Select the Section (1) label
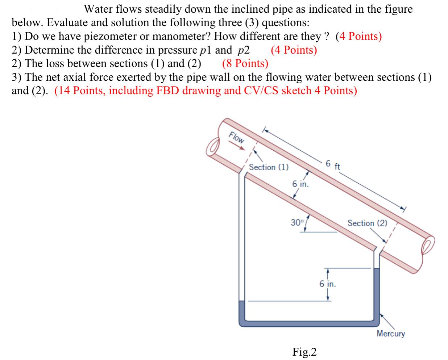point(269,167)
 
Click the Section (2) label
point(367,223)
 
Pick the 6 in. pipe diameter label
point(300,184)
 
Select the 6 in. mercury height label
point(328,284)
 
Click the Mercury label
point(391,334)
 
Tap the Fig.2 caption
point(305,351)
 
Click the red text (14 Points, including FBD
point(206,91)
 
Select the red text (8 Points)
point(245,63)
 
